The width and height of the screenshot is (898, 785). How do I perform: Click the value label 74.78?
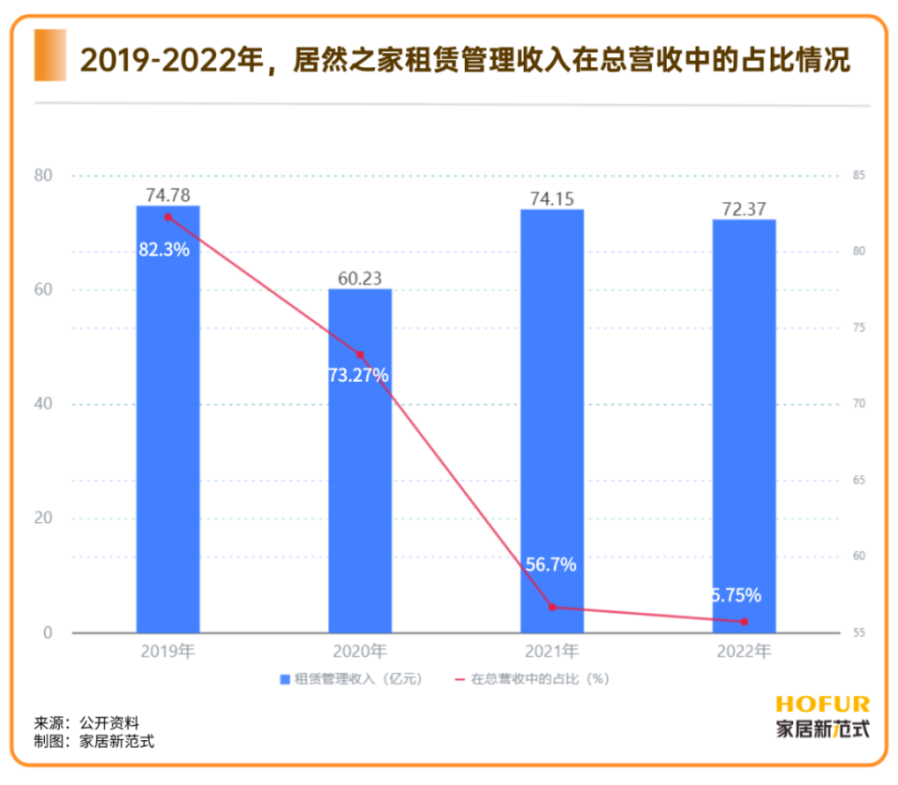(x=168, y=195)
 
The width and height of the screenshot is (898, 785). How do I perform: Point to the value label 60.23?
(x=360, y=278)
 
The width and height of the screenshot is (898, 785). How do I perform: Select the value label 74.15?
(x=552, y=198)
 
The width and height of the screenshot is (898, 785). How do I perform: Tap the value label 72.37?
(x=744, y=209)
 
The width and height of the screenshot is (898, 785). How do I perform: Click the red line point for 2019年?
(x=168, y=217)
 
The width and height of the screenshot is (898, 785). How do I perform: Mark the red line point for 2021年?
(x=552, y=607)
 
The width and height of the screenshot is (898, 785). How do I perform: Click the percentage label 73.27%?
(x=358, y=375)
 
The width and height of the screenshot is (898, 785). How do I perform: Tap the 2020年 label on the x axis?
(x=360, y=650)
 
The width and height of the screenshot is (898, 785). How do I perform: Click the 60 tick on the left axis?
(x=44, y=290)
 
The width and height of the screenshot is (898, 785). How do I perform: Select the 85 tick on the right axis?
(x=859, y=176)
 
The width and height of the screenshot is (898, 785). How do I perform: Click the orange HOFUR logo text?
(x=822, y=705)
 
